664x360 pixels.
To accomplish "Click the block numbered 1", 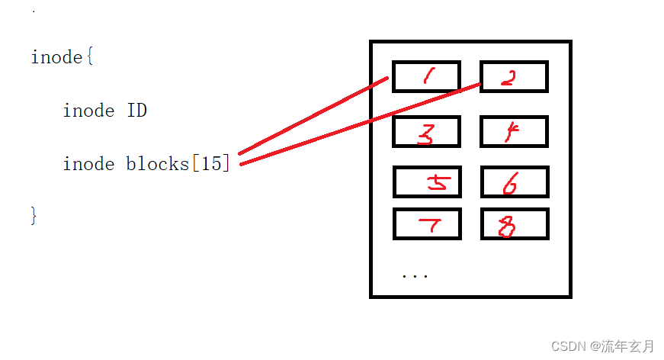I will point(426,76).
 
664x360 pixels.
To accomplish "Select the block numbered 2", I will point(514,76).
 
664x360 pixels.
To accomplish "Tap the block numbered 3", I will point(426,132).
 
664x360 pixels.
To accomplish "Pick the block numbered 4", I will point(514,132).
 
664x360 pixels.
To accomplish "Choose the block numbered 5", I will point(427,182).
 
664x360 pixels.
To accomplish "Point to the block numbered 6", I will point(514,182).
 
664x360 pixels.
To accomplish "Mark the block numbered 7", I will point(427,223).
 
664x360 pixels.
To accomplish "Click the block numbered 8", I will point(514,223).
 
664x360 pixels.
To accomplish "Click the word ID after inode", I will point(136,111).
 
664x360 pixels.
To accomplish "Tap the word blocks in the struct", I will point(157,163).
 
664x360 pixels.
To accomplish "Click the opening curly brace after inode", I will point(88,57).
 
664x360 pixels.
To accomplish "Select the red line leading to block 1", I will point(313,116).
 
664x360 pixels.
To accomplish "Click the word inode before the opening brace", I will point(56,57).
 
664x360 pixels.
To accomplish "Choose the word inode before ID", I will point(88,111).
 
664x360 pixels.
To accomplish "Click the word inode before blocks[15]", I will point(88,163).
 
